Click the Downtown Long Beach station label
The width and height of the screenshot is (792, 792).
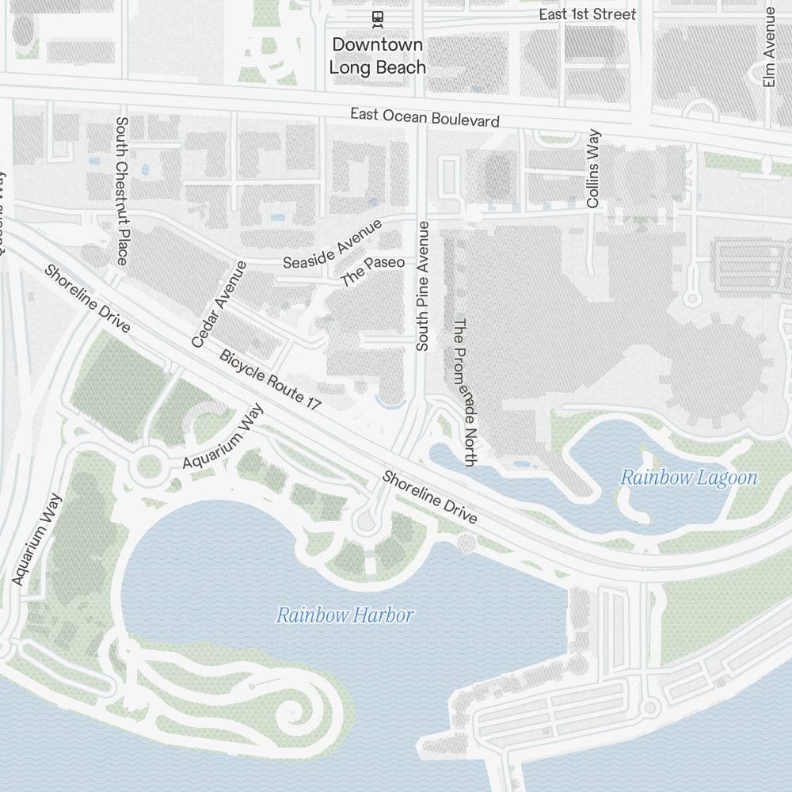(x=377, y=55)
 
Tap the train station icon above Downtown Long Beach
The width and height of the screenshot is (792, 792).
(x=378, y=17)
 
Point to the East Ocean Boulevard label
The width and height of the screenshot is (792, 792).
(x=425, y=118)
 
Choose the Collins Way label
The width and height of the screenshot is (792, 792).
(x=593, y=169)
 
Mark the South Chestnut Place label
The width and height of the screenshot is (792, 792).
(x=121, y=191)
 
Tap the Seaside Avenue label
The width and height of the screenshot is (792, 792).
(x=333, y=245)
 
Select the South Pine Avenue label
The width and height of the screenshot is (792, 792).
(x=423, y=286)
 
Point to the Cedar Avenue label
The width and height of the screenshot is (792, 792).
(x=219, y=304)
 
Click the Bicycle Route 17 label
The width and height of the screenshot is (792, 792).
(x=270, y=380)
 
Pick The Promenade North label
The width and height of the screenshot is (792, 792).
(x=463, y=392)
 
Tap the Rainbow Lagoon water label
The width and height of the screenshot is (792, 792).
(x=688, y=478)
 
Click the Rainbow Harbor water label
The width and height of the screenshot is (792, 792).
(x=345, y=615)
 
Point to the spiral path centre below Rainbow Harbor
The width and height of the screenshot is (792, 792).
(x=296, y=714)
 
